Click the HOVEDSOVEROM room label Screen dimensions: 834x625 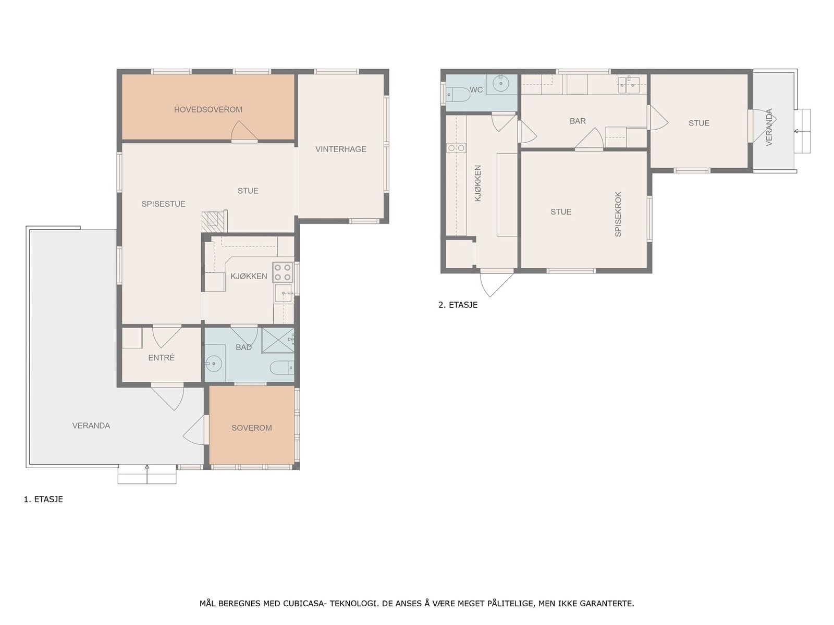208,110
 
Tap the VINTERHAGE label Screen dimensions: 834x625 340,149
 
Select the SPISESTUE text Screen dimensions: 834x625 163,204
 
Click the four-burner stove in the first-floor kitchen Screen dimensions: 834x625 283,272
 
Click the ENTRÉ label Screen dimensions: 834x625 161,357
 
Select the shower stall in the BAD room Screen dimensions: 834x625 278,340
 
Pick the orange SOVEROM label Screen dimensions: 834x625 252,428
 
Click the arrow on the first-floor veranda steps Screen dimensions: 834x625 147,473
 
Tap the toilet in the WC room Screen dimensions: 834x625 458,94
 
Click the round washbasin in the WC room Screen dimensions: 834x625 501,83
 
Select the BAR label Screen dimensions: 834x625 578,121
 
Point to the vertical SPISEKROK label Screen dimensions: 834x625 618,214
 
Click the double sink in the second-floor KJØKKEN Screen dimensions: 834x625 456,148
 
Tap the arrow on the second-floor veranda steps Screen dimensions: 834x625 802,131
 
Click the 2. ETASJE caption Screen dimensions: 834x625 458,305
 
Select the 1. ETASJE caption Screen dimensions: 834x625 43,499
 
